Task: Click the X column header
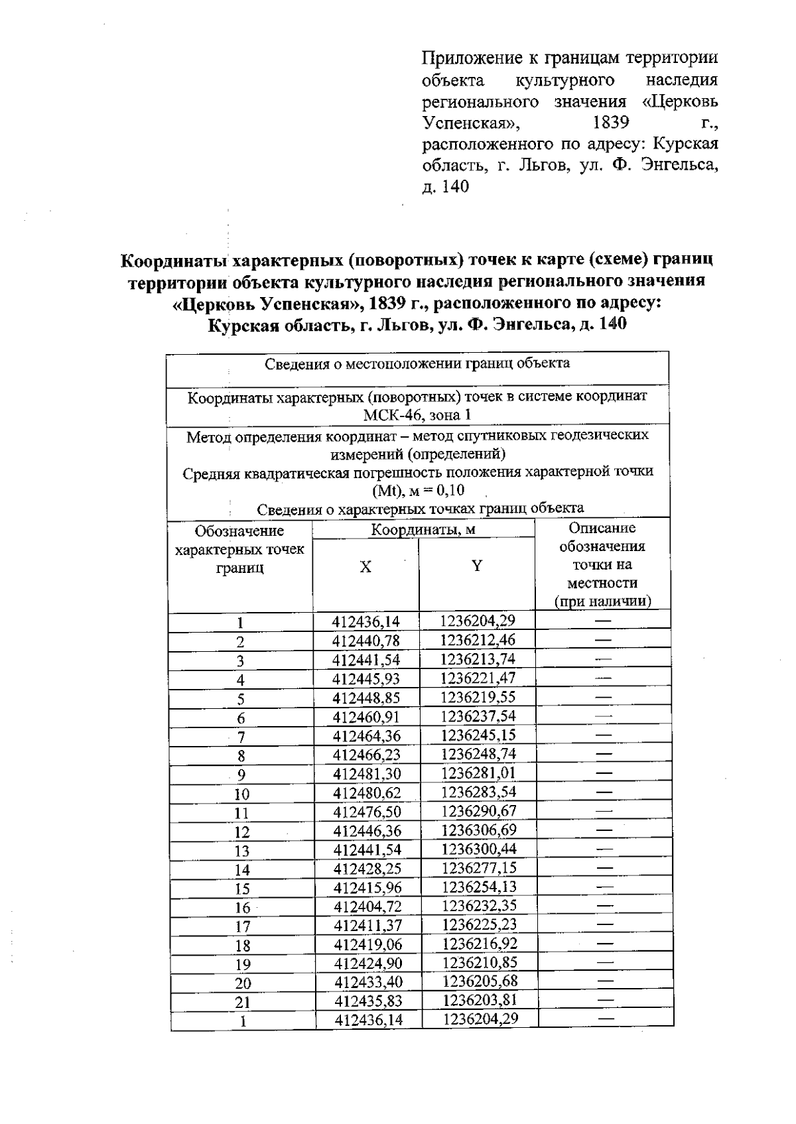pyautogui.click(x=365, y=567)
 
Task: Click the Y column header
pyautogui.click(x=476, y=566)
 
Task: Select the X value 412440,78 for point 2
pyautogui.click(x=366, y=641)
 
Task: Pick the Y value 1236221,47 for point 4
pyautogui.click(x=478, y=678)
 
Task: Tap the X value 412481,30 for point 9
pyautogui.click(x=367, y=774)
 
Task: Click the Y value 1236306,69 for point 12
pyautogui.click(x=478, y=830)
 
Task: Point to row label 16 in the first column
pyautogui.click(x=242, y=908)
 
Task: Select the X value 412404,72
pyautogui.click(x=368, y=906)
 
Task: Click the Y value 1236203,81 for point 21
pyautogui.click(x=480, y=1000)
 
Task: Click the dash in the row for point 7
pyautogui.click(x=603, y=735)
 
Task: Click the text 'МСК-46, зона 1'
pyautogui.click(x=417, y=416)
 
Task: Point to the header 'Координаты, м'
pyautogui.click(x=423, y=530)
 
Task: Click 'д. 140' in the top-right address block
pyautogui.click(x=445, y=187)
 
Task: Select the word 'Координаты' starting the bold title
pyautogui.click(x=174, y=259)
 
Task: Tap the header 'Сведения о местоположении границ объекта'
pyautogui.click(x=417, y=363)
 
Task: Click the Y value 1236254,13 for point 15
pyautogui.click(x=479, y=887)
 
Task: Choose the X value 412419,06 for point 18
pyautogui.click(x=368, y=944)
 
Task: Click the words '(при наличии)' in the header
pyautogui.click(x=602, y=601)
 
